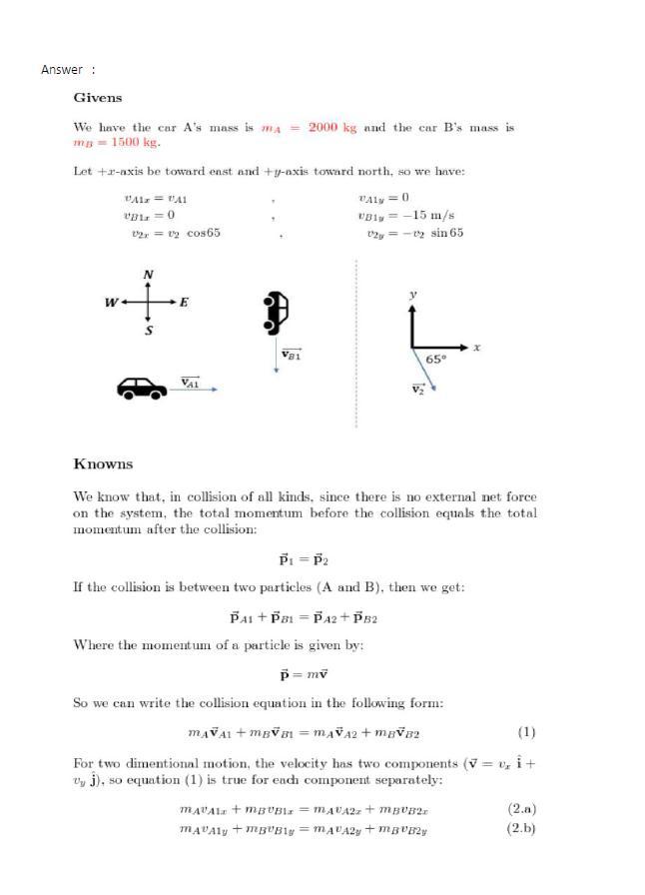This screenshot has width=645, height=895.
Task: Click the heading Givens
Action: click(x=98, y=98)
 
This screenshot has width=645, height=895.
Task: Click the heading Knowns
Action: click(x=103, y=464)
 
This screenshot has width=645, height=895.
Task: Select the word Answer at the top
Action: click(x=62, y=70)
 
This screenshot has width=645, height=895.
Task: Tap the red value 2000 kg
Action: click(x=332, y=128)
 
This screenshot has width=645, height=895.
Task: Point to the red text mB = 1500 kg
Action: click(x=117, y=142)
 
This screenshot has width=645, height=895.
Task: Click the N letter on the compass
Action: click(x=149, y=275)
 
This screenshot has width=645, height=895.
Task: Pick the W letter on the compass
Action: click(x=111, y=303)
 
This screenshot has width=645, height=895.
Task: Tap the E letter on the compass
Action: click(x=185, y=303)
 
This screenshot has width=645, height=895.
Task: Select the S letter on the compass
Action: click(x=149, y=331)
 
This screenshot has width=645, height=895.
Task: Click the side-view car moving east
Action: click(x=143, y=388)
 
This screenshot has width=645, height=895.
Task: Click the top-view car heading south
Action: click(x=276, y=312)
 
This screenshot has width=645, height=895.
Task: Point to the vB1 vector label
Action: click(x=292, y=355)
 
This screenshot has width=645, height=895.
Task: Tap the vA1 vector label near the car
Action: click(x=190, y=383)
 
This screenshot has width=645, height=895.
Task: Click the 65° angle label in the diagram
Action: click(x=436, y=359)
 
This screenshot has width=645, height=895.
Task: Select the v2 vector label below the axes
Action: click(x=418, y=391)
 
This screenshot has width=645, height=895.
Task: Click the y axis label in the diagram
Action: click(x=411, y=295)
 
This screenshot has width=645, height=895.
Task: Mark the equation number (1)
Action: click(x=526, y=732)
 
